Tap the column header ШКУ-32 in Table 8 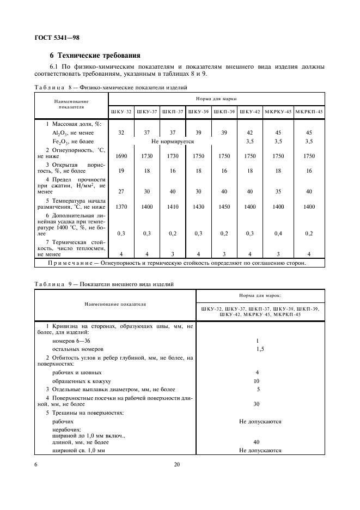121,112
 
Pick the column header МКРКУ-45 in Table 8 279,112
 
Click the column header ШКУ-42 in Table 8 250,112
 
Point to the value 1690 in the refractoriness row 121,156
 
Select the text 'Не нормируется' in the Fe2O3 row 173,141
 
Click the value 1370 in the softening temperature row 121,207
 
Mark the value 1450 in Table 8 224,207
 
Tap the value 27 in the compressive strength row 121,191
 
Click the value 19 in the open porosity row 121,171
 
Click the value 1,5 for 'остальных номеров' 260,348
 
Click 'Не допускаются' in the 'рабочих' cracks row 260,421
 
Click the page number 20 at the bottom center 176,464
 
